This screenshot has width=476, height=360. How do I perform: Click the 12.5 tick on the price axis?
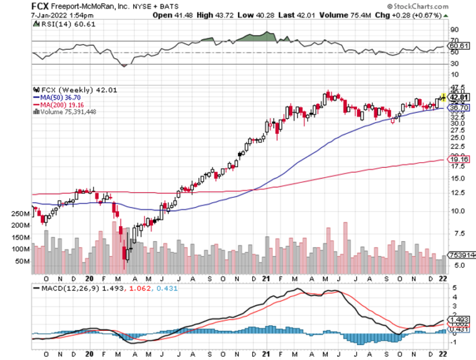pyautogui.click(x=457, y=192)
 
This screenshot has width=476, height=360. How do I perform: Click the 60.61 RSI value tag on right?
pyautogui.click(x=459, y=45)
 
